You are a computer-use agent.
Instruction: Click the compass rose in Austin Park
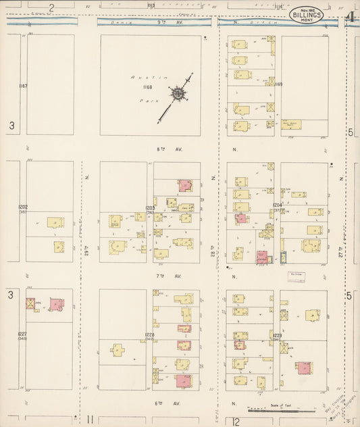tap(178, 95)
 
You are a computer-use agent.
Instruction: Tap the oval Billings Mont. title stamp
tap(307, 14)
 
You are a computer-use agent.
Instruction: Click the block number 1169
tap(278, 84)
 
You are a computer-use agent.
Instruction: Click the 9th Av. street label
tap(161, 22)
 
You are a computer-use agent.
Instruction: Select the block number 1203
tap(150, 207)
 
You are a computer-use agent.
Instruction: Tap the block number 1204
tap(277, 205)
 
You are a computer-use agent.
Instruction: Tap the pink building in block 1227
tap(56, 305)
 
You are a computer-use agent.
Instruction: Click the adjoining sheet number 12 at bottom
tap(236, 422)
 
